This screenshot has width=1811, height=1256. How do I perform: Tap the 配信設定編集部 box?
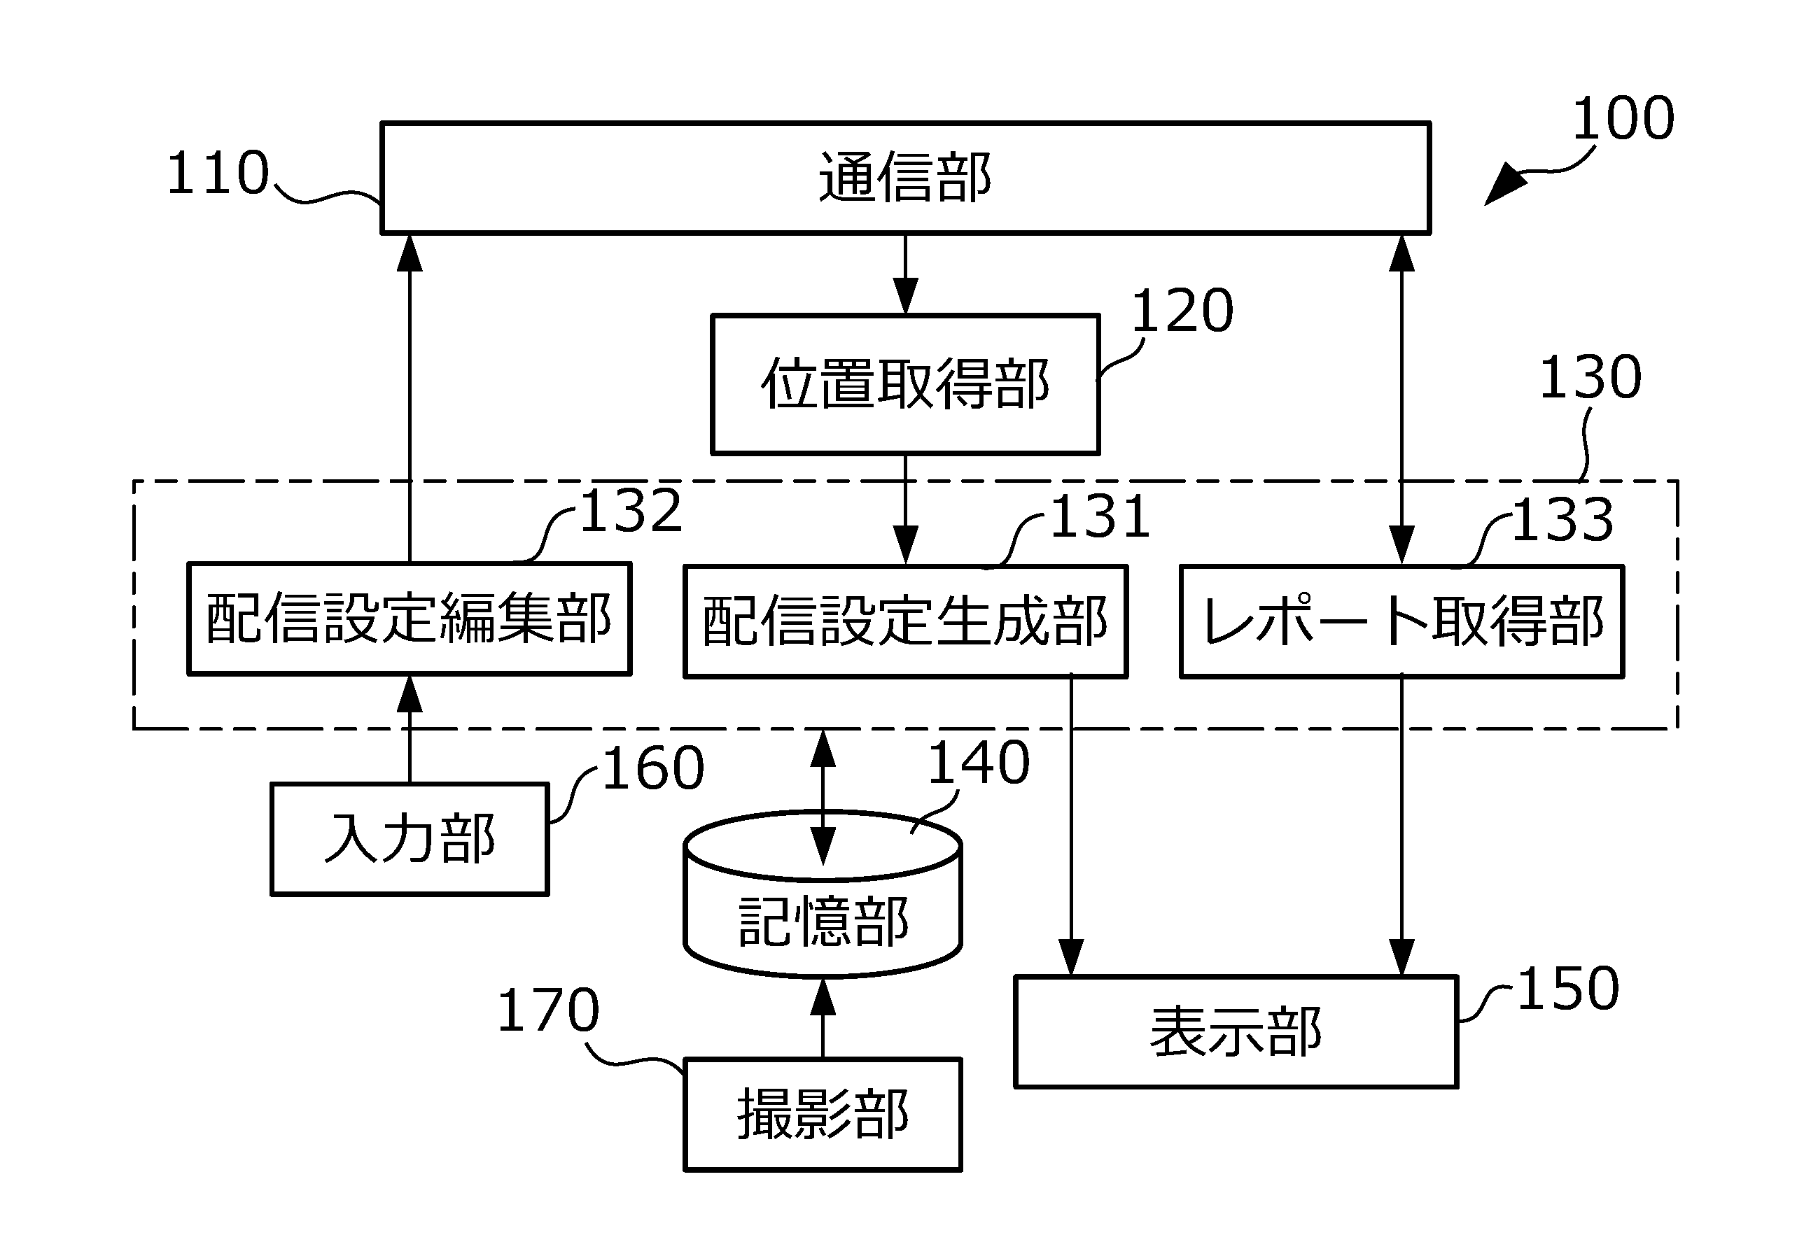click(409, 619)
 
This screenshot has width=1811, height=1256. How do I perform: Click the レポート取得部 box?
click(1401, 621)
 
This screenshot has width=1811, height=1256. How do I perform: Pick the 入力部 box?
click(409, 839)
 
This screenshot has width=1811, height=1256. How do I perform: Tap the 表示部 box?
click(1236, 1031)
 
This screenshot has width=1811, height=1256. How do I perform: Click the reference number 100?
click(1623, 119)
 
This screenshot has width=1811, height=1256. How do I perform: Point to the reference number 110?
click(218, 173)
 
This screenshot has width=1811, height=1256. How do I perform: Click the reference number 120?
click(1182, 311)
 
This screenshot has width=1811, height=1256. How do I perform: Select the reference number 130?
click(1590, 377)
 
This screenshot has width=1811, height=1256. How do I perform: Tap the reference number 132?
click(631, 511)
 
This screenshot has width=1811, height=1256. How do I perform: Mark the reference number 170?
click(548, 1010)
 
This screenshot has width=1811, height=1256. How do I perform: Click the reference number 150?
click(1567, 989)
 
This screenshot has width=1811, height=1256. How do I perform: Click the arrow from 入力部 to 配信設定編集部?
click(409, 728)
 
